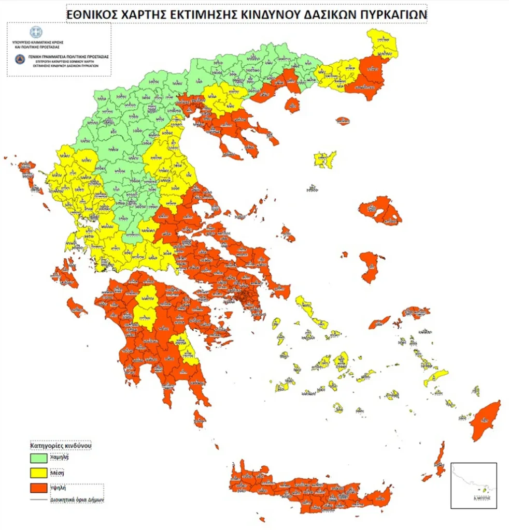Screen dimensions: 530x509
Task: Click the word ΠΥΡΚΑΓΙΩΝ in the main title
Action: [389, 15]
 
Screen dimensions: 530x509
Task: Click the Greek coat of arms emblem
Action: [36, 32]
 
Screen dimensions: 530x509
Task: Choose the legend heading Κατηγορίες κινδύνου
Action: [61, 445]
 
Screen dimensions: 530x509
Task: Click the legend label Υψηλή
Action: [58, 488]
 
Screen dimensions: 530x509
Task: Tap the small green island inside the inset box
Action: [485, 488]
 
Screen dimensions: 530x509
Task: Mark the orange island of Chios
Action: [371, 266]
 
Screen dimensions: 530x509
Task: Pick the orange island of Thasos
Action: [292, 105]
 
